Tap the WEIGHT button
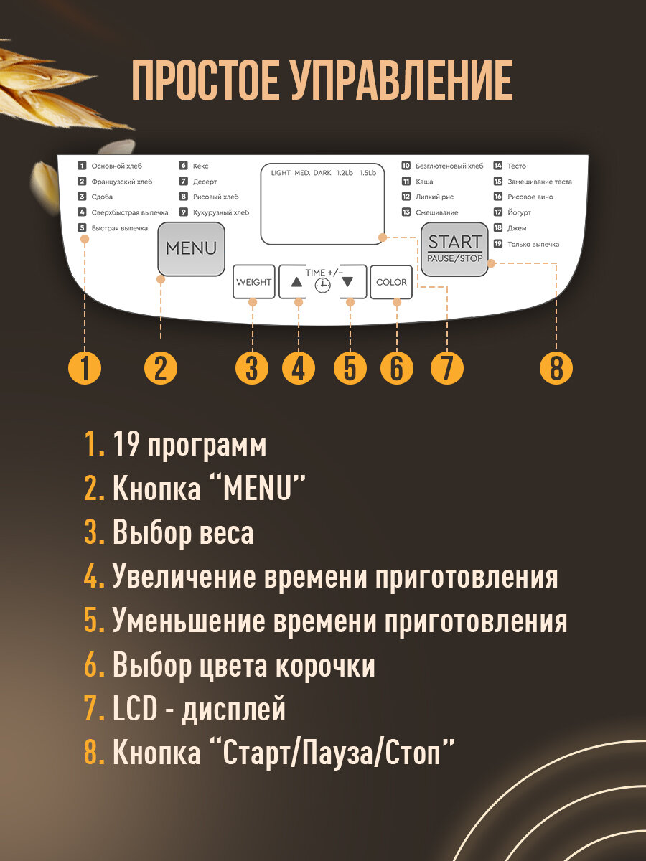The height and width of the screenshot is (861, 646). [x=254, y=282]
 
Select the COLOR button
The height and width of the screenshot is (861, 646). [x=391, y=282]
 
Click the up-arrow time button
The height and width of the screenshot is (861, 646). [x=297, y=282]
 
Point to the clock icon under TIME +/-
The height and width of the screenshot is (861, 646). [x=323, y=286]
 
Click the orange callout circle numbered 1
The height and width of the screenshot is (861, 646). [x=85, y=369]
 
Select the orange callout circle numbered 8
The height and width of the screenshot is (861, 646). [x=556, y=369]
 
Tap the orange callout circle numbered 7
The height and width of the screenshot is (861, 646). [x=446, y=369]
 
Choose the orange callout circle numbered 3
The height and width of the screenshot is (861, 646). [x=252, y=369]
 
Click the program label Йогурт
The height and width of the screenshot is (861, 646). [x=519, y=212]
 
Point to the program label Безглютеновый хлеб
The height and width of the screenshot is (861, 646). [x=449, y=166]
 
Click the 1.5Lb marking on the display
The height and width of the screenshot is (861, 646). [x=368, y=173]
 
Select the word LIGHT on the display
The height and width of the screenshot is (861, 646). [x=281, y=173]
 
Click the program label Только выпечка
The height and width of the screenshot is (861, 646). [x=533, y=244]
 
